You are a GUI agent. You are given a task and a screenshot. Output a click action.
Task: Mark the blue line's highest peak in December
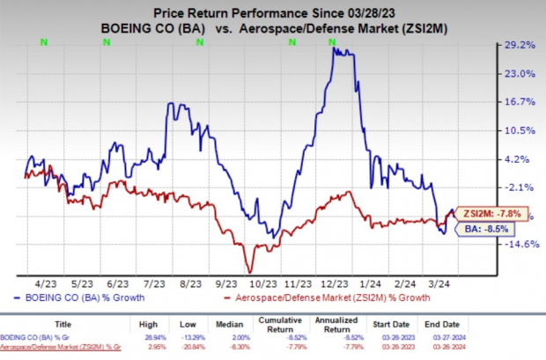333,49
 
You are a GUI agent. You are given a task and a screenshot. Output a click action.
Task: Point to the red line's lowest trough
249,272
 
